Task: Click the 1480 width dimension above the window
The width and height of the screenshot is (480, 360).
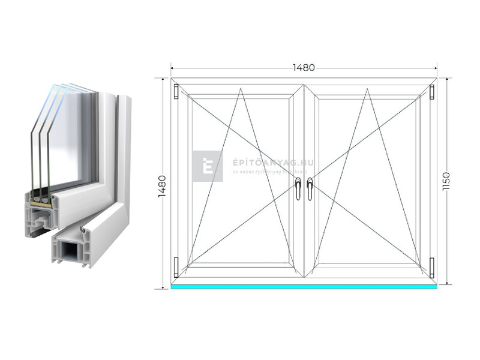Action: click(x=304, y=67)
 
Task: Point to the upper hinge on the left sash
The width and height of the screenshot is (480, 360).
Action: click(x=176, y=92)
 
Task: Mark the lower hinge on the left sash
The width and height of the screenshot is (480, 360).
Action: click(x=176, y=264)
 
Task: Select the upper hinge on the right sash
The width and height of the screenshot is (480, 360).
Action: click(x=431, y=92)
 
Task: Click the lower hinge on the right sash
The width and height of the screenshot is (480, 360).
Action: click(x=431, y=264)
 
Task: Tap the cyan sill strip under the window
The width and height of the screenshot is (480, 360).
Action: click(x=304, y=287)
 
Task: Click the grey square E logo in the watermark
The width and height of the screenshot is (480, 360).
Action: click(x=208, y=166)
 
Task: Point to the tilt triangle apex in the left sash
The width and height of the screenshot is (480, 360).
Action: click(x=241, y=89)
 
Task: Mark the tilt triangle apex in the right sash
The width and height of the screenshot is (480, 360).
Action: click(x=367, y=89)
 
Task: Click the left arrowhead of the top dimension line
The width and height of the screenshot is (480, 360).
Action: click(x=172, y=68)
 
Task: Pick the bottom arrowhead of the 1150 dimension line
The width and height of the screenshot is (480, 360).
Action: click(x=446, y=282)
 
